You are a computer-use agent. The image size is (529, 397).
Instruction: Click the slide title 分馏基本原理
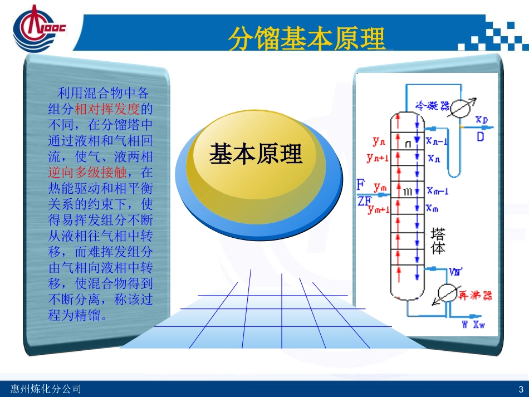point(307,38)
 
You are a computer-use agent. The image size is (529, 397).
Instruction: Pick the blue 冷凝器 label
point(433,105)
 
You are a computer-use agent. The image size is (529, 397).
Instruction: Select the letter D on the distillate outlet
point(481,135)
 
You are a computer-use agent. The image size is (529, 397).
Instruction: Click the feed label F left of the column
point(361,183)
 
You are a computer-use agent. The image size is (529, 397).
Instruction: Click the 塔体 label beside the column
point(439,241)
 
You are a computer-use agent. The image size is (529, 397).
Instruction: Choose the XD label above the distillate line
point(482,120)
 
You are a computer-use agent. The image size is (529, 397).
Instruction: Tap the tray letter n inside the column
point(408,144)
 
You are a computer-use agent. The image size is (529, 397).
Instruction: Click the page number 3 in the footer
point(520,389)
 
